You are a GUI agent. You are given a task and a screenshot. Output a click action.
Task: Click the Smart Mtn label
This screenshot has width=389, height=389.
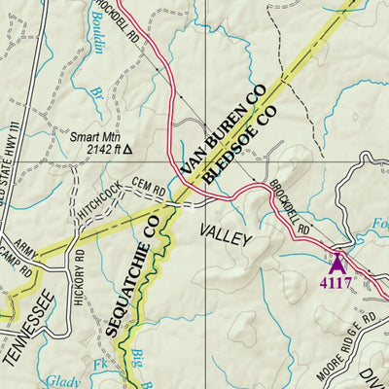pyautogui.click(x=92, y=137)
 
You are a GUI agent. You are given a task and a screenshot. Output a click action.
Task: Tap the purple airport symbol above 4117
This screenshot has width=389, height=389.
pyautogui.click(x=337, y=263)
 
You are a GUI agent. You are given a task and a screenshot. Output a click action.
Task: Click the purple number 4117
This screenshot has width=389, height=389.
pyautogui.click(x=336, y=283)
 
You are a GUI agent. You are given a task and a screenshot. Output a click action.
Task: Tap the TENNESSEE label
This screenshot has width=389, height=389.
pyautogui.click(x=27, y=337)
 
